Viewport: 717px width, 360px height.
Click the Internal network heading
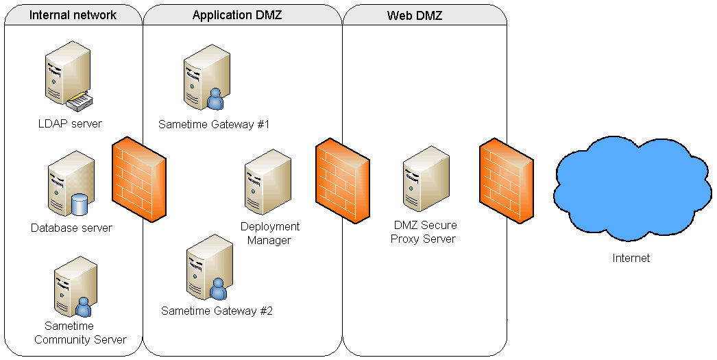73,15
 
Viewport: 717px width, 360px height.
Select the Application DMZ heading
237,15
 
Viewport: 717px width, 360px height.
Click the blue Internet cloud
631,189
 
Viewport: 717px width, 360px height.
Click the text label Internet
631,259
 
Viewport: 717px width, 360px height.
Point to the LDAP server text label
70,124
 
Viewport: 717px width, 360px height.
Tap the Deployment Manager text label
270,233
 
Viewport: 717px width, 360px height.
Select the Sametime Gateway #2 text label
217,311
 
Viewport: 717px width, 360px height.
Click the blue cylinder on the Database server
80,204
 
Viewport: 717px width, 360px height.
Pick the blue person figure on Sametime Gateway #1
216,100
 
